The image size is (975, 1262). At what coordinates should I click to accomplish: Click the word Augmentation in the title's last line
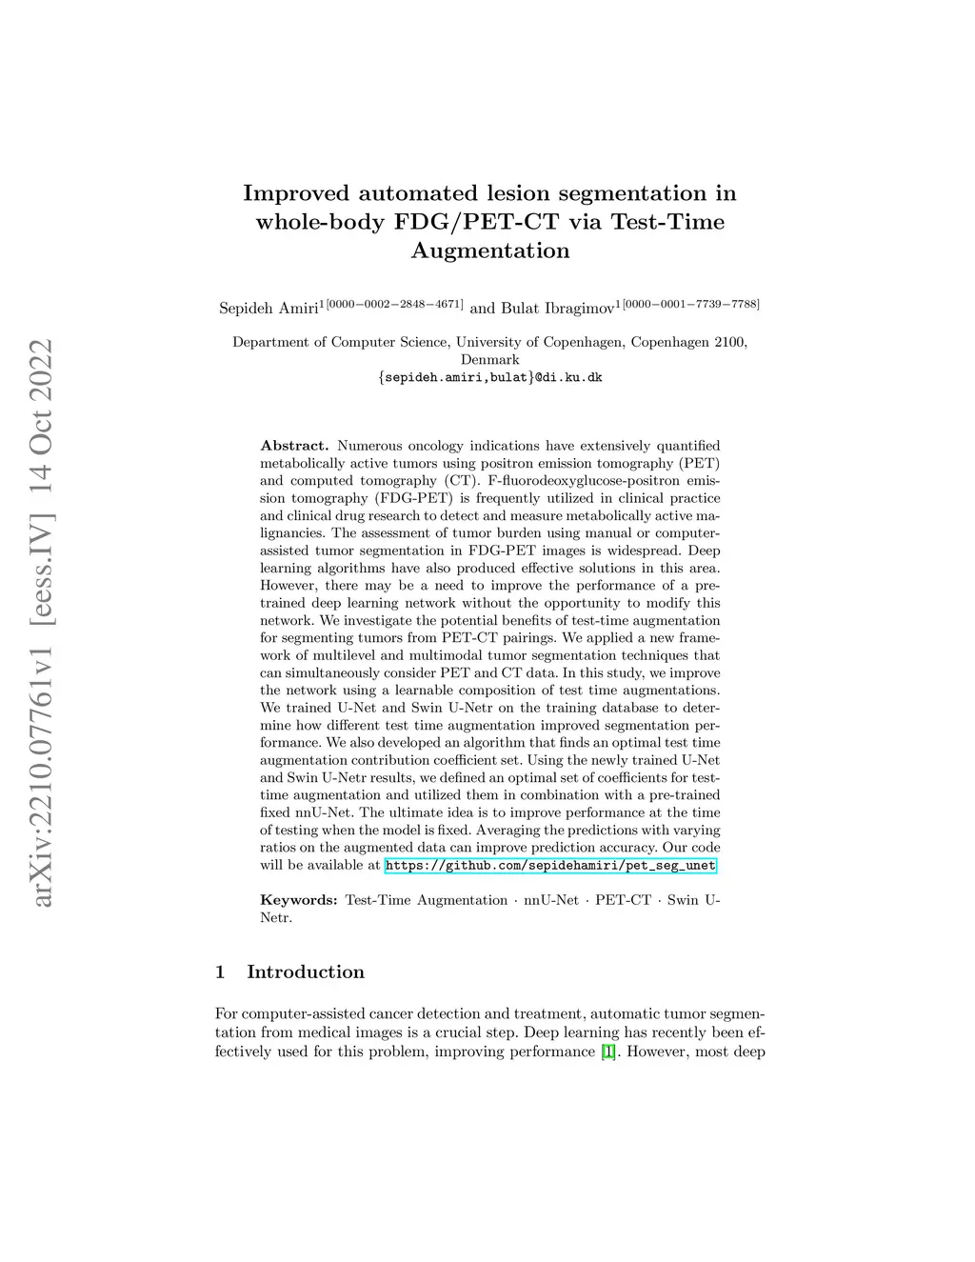coord(490,250)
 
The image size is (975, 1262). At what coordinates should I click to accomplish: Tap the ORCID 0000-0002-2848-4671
coord(395,304)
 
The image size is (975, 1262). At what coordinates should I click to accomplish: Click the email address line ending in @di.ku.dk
coord(489,377)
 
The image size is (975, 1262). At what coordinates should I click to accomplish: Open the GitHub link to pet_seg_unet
coord(549,866)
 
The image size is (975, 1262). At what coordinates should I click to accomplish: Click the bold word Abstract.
coord(294,446)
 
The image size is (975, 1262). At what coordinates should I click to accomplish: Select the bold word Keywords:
coord(299,900)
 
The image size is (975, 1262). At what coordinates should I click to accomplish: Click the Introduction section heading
coord(306,972)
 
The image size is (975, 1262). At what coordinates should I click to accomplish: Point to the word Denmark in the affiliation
coord(490,360)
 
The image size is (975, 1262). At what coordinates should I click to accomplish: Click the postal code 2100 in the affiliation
coord(730,342)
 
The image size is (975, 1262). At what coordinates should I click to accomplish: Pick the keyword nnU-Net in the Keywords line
coord(551,900)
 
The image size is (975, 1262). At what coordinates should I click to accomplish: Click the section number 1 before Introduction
coord(221,972)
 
